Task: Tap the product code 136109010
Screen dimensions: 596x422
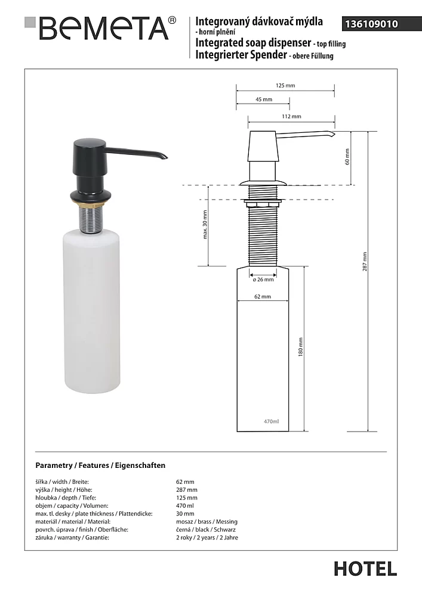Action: coord(369,24)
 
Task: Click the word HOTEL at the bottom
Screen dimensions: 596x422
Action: coord(365,568)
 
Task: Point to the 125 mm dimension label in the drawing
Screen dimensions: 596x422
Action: coord(285,86)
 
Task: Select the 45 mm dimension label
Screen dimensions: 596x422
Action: coord(263,100)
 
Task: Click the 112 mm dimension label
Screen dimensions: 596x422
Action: coord(291,116)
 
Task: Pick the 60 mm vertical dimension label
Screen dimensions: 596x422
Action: coord(347,158)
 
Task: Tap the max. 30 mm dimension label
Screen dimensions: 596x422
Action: coord(205,225)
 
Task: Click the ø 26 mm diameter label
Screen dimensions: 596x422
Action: coord(263,279)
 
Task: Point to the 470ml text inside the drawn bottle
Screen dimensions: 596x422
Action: coord(271,422)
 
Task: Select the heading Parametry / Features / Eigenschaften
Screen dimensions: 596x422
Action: coord(100,465)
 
